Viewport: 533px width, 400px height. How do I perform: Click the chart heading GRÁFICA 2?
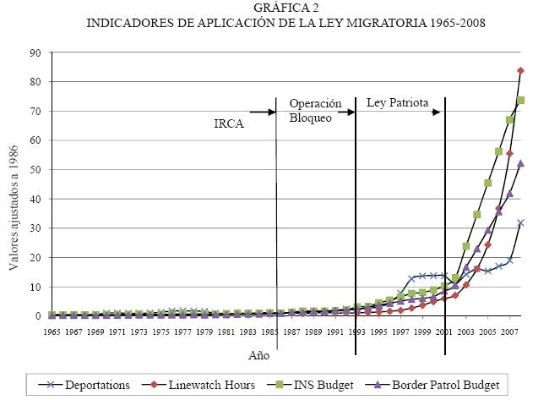(267, 8)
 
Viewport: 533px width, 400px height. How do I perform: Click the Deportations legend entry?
(88, 384)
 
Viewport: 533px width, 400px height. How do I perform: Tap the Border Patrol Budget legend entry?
(446, 384)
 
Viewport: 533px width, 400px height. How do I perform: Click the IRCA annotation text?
(228, 123)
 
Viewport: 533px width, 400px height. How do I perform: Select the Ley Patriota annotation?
(397, 103)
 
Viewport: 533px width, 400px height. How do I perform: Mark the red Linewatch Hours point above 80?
(520, 70)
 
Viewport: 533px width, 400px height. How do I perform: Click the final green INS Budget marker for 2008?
(520, 100)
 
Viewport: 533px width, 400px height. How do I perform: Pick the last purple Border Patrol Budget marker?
(520, 163)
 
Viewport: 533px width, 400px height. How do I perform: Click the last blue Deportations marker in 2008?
(520, 223)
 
